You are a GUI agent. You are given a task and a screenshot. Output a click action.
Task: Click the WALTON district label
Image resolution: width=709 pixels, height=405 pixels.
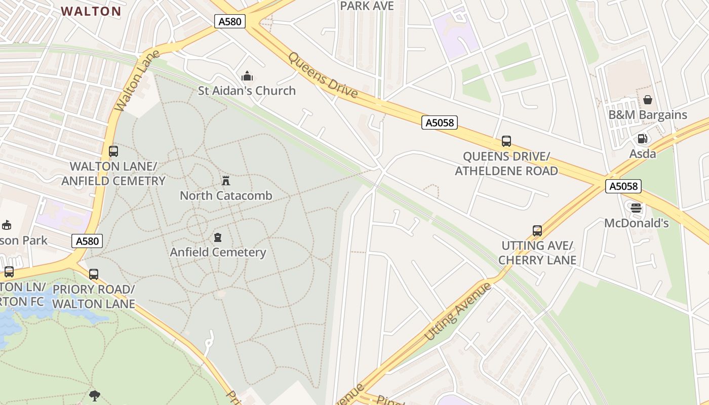click(91, 11)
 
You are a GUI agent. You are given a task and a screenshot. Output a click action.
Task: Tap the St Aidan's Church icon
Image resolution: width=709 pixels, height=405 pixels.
click(247, 76)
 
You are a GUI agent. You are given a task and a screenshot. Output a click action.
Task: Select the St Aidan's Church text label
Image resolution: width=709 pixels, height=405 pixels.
click(247, 91)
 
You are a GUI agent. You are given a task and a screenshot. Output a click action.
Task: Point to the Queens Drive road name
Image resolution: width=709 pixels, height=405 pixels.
click(323, 75)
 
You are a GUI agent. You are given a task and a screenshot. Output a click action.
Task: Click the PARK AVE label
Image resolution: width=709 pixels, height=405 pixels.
click(367, 6)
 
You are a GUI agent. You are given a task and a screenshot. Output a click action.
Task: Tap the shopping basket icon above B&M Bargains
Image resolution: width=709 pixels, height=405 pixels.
click(647, 100)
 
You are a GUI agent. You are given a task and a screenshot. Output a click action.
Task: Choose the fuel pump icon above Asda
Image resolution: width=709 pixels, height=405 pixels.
click(642, 139)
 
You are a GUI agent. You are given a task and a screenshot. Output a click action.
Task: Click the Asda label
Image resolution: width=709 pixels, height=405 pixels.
click(642, 153)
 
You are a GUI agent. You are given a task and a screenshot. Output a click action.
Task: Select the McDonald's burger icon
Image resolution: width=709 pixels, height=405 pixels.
click(636, 208)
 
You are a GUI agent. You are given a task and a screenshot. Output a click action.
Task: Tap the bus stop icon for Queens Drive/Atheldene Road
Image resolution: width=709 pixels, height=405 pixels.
click(506, 141)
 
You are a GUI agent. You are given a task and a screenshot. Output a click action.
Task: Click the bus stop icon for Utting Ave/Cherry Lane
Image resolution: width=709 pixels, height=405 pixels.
click(537, 231)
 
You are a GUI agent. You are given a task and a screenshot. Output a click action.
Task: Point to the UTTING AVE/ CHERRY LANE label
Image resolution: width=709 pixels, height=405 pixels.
click(537, 253)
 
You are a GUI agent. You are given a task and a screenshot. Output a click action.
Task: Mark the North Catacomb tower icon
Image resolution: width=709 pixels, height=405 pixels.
click(226, 180)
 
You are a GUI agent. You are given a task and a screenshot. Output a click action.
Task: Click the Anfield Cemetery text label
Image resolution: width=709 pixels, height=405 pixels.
click(218, 252)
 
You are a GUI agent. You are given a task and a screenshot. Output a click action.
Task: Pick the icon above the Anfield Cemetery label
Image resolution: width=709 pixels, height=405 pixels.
click(218, 237)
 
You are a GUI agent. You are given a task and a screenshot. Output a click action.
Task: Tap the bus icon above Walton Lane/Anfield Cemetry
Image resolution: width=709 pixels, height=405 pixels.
click(113, 151)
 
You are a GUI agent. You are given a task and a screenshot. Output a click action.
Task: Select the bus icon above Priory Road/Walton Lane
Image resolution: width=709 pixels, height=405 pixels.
click(94, 274)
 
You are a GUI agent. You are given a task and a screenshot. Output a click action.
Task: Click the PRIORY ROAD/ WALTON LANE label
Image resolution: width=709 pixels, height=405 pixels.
click(94, 296)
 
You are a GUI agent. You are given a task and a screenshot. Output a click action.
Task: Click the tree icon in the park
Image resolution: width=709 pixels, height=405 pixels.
click(94, 395)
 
